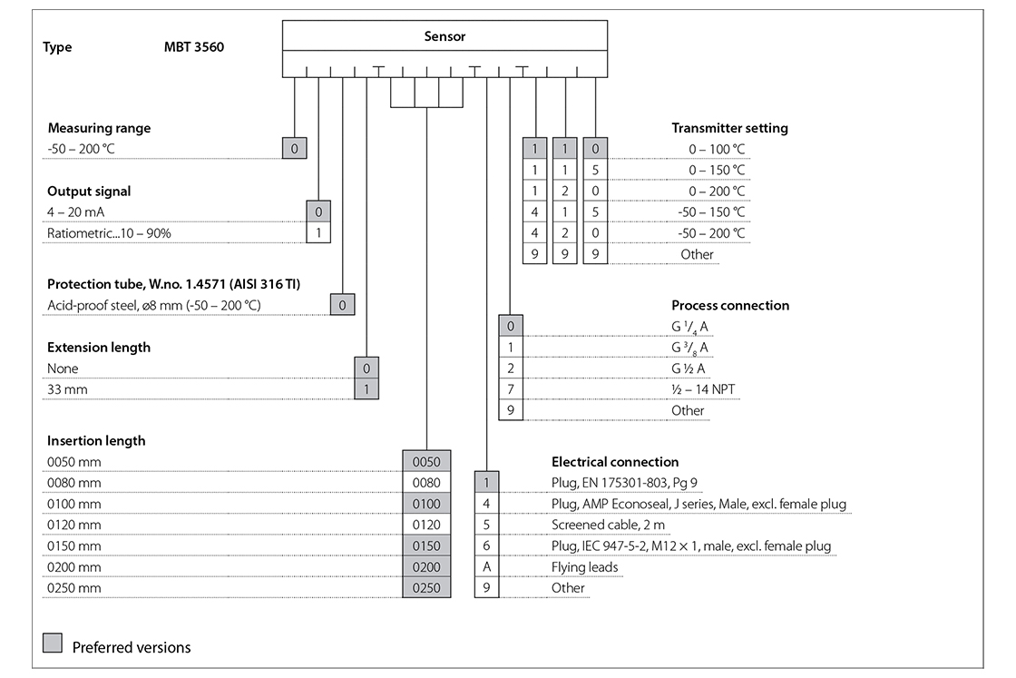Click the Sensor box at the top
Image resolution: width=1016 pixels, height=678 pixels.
pos(444,36)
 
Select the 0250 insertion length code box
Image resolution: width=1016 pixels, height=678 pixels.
pos(426,588)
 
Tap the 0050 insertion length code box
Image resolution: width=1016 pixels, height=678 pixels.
pos(426,462)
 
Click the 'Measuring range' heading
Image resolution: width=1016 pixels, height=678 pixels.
pos(99,128)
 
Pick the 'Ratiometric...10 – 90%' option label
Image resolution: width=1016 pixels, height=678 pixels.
pos(109,233)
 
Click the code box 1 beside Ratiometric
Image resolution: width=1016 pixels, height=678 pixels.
pos(318,233)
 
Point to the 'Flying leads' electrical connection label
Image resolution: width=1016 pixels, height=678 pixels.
pos(584,567)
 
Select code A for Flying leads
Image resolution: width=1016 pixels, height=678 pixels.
pos(486,567)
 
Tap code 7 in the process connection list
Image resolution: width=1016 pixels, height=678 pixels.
pos(511,389)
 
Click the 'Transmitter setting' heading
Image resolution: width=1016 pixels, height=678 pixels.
pos(729,128)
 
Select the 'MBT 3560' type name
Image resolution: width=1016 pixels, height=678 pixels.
pos(188,47)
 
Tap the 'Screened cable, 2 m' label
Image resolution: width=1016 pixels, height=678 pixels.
pos(608,525)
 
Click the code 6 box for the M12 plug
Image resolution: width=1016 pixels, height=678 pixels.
pos(486,546)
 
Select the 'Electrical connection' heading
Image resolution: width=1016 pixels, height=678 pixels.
pos(614,462)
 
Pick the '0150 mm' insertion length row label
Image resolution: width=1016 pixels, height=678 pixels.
pos(73,546)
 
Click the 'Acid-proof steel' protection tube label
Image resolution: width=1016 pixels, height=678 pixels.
pos(153,305)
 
